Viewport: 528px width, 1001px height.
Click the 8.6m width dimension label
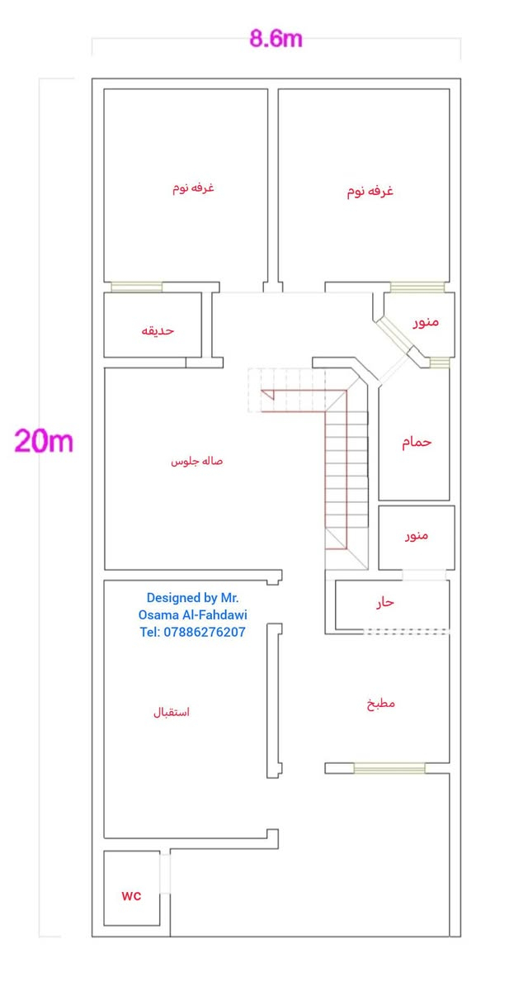tap(276, 38)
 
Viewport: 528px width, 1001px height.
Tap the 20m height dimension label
tap(44, 441)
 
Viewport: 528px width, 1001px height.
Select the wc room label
tap(132, 895)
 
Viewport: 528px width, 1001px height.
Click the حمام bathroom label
tap(417, 442)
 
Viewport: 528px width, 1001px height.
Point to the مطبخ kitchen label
tap(381, 704)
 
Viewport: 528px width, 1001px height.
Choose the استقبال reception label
tap(172, 711)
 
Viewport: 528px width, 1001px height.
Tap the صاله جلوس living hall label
tap(196, 461)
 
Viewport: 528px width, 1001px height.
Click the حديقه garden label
tap(158, 330)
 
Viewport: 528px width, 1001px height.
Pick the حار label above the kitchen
tap(385, 602)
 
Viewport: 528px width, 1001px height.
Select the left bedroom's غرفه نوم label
tap(193, 188)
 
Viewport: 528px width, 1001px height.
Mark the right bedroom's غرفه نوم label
tap(370, 192)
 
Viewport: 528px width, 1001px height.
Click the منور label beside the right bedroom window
tap(426, 321)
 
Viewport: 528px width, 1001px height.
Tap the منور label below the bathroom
tap(417, 535)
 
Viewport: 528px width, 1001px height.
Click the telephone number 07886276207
tap(192, 632)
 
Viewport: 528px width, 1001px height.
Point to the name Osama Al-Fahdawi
tap(192, 614)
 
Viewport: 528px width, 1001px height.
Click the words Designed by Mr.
tap(192, 597)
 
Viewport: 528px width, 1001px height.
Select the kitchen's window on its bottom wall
tap(389, 768)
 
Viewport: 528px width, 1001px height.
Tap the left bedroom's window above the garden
tap(137, 287)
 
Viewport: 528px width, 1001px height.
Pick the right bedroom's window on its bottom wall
tap(417, 287)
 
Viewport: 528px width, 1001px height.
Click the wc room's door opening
tap(165, 874)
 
